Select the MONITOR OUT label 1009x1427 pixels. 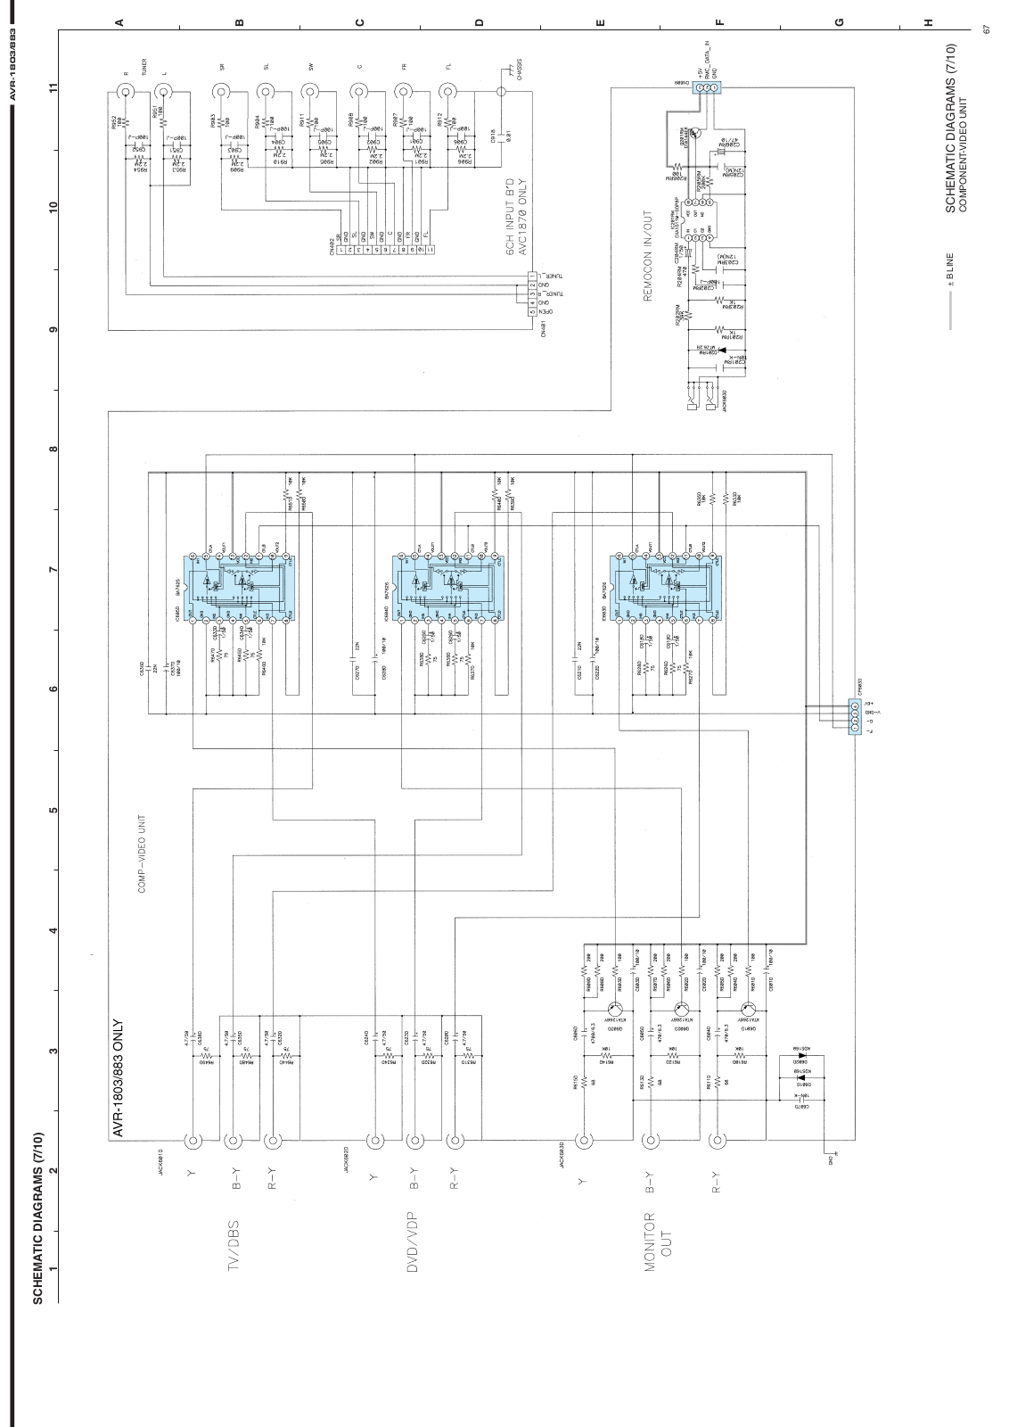point(657,1241)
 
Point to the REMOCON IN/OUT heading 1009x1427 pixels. point(648,258)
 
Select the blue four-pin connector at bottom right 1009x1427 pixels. point(855,713)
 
